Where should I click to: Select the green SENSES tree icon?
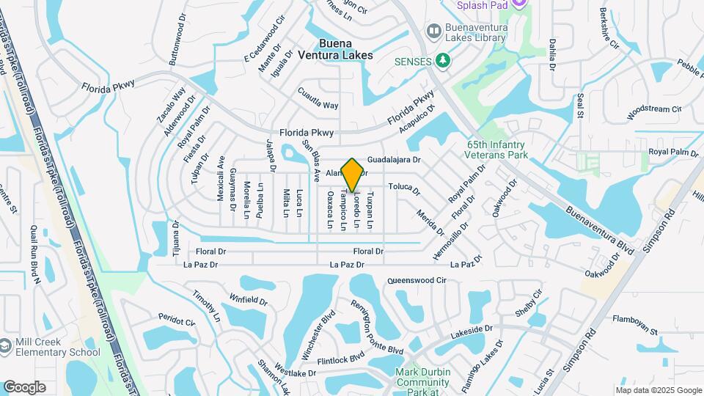[x=442, y=60]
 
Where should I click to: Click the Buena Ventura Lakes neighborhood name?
[x=345, y=49]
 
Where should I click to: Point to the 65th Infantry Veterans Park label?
[x=497, y=150]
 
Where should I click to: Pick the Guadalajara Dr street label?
[x=393, y=159]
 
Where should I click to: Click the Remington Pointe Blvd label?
[x=376, y=327]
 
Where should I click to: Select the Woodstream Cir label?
[x=654, y=112]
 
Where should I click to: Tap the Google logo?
[x=24, y=387]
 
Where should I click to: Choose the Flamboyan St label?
[x=634, y=326]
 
